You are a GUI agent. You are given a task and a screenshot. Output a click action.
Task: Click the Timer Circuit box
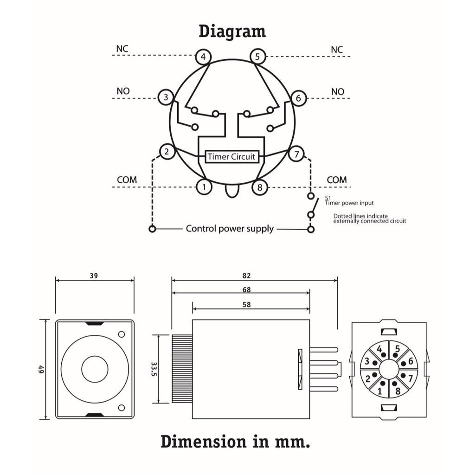pyautogui.click(x=231, y=156)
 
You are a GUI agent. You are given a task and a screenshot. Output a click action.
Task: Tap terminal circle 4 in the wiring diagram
pyautogui.click(x=203, y=57)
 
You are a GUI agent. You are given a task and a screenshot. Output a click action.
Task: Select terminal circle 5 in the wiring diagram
pyautogui.click(x=257, y=57)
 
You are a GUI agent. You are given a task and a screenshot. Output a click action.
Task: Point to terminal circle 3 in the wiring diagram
pyautogui.click(x=166, y=97)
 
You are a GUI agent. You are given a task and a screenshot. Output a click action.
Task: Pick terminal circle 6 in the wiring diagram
pyautogui.click(x=298, y=98)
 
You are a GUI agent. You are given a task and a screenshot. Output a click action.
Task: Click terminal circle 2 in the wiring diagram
pyautogui.click(x=167, y=151)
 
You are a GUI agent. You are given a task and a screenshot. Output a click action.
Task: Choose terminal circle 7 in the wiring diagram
pyautogui.click(x=296, y=154)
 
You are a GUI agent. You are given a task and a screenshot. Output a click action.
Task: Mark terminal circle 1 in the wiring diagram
pyautogui.click(x=204, y=187)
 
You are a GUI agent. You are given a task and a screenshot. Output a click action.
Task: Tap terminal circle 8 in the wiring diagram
pyautogui.click(x=260, y=187)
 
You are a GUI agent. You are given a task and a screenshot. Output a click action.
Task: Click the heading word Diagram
pyautogui.click(x=232, y=32)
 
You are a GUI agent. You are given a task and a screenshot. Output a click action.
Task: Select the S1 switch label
pyautogui.click(x=327, y=198)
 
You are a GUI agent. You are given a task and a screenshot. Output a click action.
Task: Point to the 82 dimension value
pyautogui.click(x=246, y=276)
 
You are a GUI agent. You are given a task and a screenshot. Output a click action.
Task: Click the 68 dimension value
pyautogui.click(x=246, y=290)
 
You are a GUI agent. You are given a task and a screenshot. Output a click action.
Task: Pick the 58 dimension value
pyautogui.click(x=246, y=305)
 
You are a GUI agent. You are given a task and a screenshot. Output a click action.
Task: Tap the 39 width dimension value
pyautogui.click(x=94, y=276)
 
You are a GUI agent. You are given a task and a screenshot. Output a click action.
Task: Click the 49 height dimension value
pyautogui.click(x=41, y=369)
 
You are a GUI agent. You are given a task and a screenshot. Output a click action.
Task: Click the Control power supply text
pyautogui.click(x=230, y=229)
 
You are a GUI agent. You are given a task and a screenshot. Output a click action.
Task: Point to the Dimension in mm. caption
pyautogui.click(x=235, y=442)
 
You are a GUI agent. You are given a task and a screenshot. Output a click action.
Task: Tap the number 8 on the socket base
pyautogui.click(x=398, y=390)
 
